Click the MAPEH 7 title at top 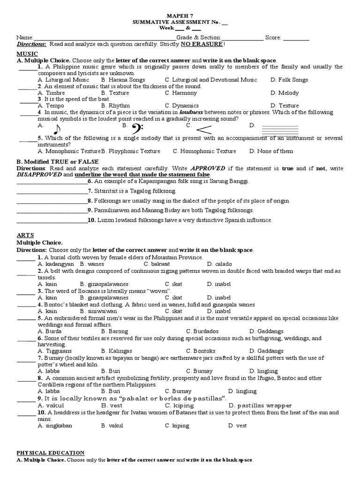click(x=180, y=16)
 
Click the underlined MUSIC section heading click(x=27, y=54)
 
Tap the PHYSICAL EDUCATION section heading click(x=51, y=453)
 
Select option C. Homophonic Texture click(x=204, y=151)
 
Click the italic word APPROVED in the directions click(x=207, y=168)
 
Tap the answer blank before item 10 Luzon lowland click(x=52, y=220)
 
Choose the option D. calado click(x=217, y=264)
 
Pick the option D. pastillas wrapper click(x=260, y=405)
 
